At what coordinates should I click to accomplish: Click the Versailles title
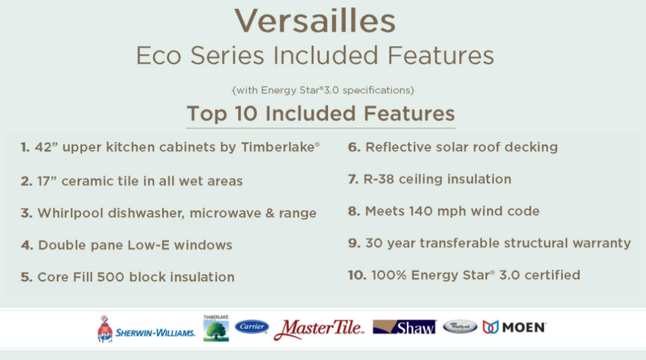point(315,21)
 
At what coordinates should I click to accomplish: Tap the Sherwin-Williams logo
point(146,328)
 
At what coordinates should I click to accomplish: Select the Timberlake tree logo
point(216,328)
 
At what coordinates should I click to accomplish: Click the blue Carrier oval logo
point(252,327)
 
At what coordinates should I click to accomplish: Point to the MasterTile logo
point(319,329)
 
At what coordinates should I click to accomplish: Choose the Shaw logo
point(404,327)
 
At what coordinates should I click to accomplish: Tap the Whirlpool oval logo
point(460,327)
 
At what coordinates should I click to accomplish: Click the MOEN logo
point(515,327)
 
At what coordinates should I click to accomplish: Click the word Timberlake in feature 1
point(278,147)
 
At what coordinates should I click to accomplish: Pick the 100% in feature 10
point(389,275)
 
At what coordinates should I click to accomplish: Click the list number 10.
point(357,275)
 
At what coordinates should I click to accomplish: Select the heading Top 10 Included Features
point(320,113)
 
